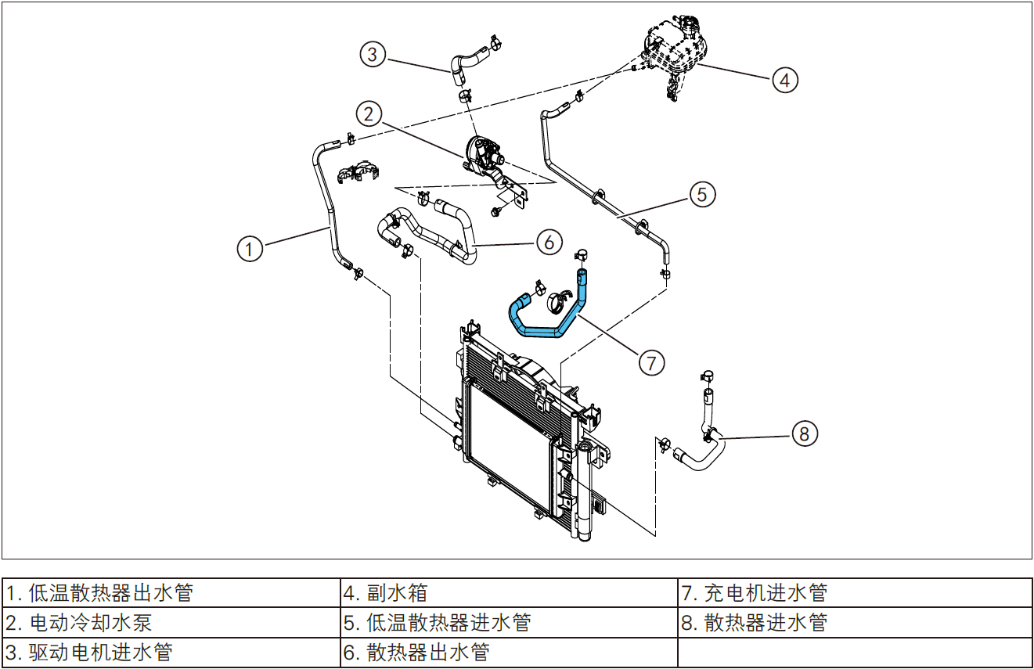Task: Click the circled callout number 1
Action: point(250,249)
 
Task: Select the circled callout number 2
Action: point(369,113)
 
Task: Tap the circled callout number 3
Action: point(373,54)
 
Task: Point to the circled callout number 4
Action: point(785,79)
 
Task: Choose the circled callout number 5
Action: point(702,193)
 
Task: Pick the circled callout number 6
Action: point(549,242)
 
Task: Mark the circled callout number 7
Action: point(651,362)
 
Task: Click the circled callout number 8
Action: point(805,433)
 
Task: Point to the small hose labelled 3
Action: point(468,63)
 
